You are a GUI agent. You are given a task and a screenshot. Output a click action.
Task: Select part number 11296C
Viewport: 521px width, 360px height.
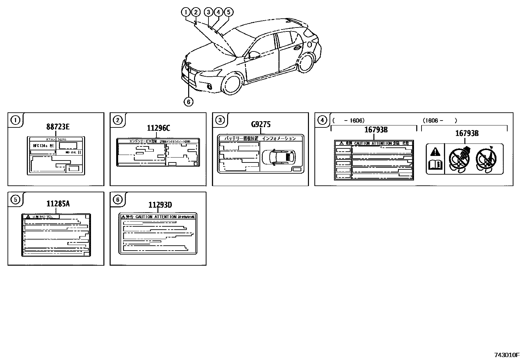point(158,128)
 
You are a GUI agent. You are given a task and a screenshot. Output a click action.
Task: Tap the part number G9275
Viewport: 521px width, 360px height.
point(261,124)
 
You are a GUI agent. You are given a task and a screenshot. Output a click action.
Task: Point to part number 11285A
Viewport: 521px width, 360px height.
point(58,204)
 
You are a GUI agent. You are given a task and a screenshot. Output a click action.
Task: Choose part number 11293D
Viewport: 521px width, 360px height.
point(160,205)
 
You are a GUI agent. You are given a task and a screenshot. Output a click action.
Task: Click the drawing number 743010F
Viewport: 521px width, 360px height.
point(507,355)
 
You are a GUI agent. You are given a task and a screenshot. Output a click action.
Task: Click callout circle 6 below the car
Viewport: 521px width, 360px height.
point(188,102)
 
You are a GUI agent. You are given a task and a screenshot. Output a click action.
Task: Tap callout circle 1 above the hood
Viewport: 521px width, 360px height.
point(186,12)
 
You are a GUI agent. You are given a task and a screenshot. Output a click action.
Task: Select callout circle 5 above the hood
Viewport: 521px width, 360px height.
point(228,12)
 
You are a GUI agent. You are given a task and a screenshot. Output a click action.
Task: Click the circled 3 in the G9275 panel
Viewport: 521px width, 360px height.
point(220,121)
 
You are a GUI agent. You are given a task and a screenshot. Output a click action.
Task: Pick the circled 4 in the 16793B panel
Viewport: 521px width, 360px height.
point(322,121)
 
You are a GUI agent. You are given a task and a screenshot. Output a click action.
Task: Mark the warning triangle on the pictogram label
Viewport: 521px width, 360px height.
point(435,152)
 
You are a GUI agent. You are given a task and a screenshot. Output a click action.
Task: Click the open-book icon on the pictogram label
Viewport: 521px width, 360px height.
point(435,165)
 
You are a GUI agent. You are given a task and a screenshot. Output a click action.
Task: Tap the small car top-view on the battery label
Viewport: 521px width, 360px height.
point(278,157)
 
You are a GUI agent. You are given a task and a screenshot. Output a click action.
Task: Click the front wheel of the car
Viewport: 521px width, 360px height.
point(232,85)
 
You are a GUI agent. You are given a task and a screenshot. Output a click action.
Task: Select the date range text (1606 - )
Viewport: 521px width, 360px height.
point(439,121)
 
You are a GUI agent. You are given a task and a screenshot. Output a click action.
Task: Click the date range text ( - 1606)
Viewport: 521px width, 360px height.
point(349,121)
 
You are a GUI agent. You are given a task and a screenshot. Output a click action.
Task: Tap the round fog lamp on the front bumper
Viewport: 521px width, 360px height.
point(209,86)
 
